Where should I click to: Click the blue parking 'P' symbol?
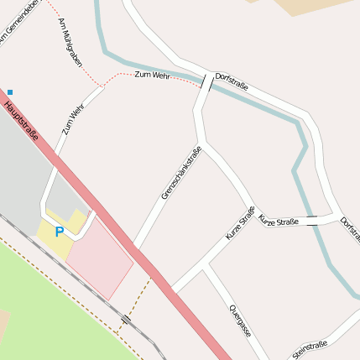pyautogui.click(x=59, y=232)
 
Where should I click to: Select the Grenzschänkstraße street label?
pyautogui.click(x=181, y=174)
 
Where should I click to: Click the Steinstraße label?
pyautogui.click(x=310, y=350)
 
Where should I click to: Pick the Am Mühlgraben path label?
pyautogui.click(x=70, y=44)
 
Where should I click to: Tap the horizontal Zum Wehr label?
pyautogui.click(x=152, y=76)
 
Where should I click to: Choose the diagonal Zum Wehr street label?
pyautogui.click(x=73, y=120)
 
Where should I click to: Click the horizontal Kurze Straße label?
pyautogui.click(x=278, y=220)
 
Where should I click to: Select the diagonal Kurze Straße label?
pyautogui.click(x=240, y=223)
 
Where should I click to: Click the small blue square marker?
pyautogui.click(x=10, y=91)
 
